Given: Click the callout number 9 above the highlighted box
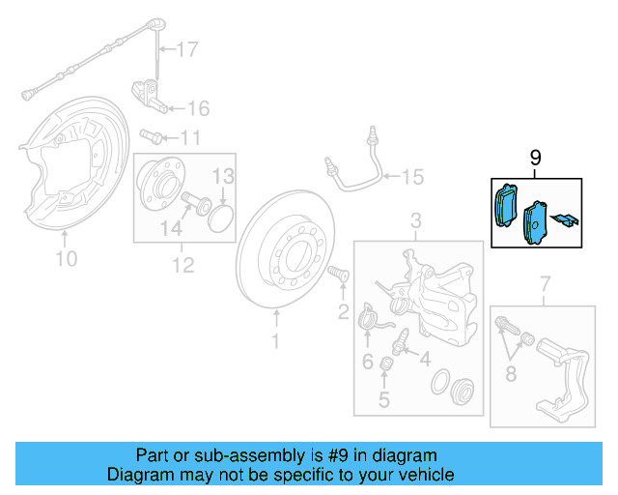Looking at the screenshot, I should pyautogui.click(x=536, y=158).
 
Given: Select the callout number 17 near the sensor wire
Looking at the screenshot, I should pyautogui.click(x=186, y=48).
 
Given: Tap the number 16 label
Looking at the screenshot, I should pyautogui.click(x=198, y=107).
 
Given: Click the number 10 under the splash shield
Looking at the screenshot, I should pyautogui.click(x=66, y=258).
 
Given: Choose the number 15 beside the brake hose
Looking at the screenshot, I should pyautogui.click(x=412, y=176).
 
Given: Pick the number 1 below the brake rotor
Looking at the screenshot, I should pyautogui.click(x=275, y=340).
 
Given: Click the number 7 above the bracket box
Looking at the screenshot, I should pyautogui.click(x=544, y=283).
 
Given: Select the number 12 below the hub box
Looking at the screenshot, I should pyautogui.click(x=183, y=264).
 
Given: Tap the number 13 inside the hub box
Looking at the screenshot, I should pyautogui.click(x=223, y=176).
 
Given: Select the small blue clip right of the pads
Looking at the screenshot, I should pyautogui.click(x=569, y=220).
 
